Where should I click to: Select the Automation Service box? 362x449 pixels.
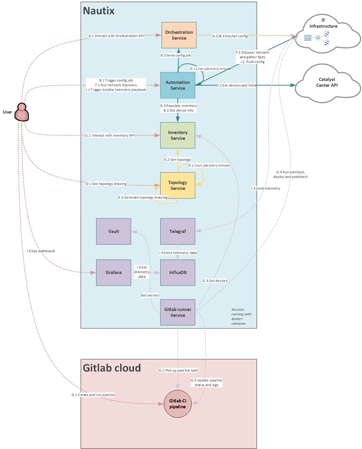pyautogui.click(x=178, y=85)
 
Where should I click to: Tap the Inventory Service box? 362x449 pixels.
pyautogui.click(x=178, y=135)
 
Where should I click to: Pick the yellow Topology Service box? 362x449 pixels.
pyautogui.click(x=178, y=185)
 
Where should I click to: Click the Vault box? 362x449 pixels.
pyautogui.click(x=114, y=231)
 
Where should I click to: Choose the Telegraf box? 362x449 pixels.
pyautogui.click(x=178, y=231)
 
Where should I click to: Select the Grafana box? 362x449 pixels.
pyautogui.click(x=114, y=273)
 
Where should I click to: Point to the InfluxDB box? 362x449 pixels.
pyautogui.click(x=178, y=273)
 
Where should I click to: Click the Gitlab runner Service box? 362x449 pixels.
pyautogui.click(x=178, y=313)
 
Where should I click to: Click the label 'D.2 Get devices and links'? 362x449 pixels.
pyautogui.click(x=236, y=85)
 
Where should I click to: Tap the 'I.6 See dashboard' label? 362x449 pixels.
pyautogui.click(x=40, y=251)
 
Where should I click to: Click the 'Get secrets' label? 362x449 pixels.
pyautogui.click(x=150, y=295)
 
